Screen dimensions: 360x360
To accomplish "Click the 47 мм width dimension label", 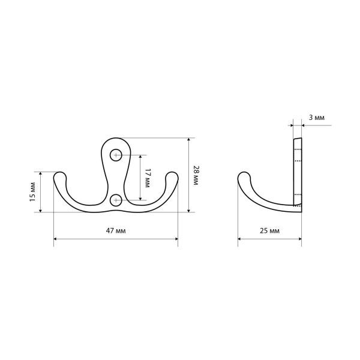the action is (116, 230).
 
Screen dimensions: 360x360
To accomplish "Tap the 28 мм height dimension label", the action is (196, 175).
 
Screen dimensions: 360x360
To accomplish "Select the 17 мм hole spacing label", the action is (147, 178).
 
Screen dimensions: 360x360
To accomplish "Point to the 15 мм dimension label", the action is (33, 192).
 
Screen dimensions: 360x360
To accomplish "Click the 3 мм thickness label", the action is (317, 118).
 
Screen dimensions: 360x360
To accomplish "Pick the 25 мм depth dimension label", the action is (269, 230).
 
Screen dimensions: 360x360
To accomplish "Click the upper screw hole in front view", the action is (116, 155).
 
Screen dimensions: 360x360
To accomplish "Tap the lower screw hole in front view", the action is (116, 200).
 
